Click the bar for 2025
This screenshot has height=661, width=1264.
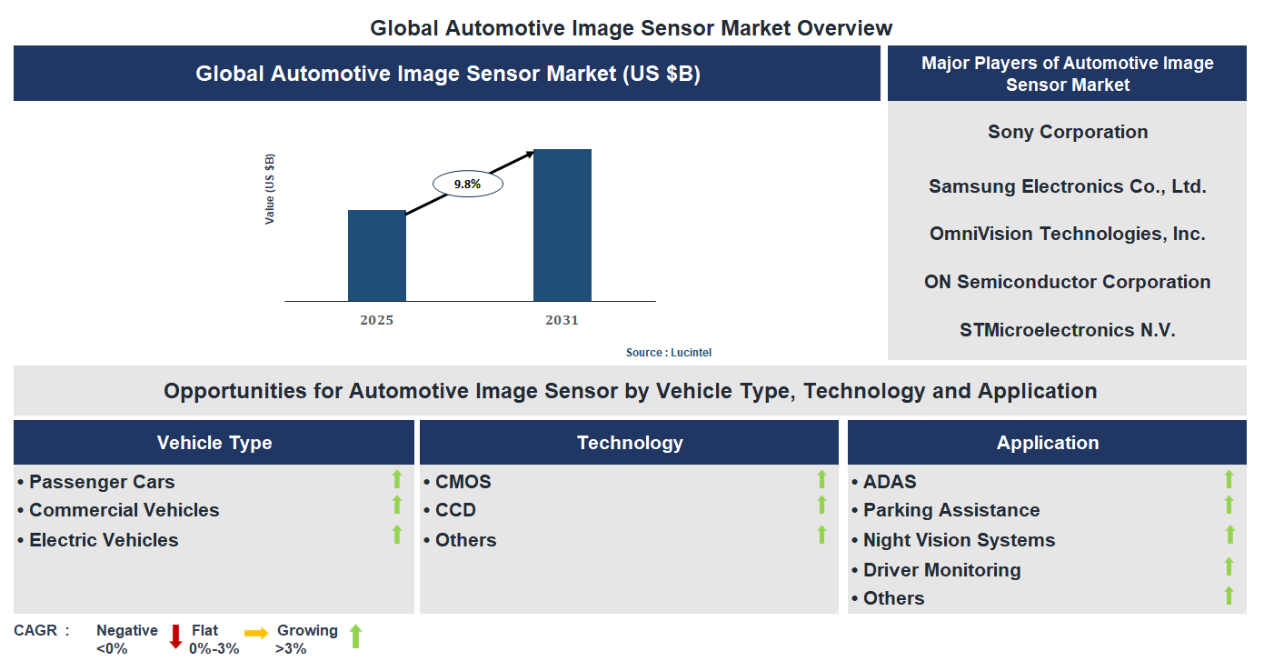tap(377, 255)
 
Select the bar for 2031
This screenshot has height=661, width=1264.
tap(562, 225)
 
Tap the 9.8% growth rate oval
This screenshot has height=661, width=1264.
tap(467, 184)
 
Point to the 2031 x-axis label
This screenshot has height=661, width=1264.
tap(562, 320)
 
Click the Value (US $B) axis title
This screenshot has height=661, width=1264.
tap(270, 189)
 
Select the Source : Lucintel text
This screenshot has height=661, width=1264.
tap(675, 353)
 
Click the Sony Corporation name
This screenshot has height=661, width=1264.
tap(1068, 132)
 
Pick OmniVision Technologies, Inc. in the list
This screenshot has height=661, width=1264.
tap(1068, 234)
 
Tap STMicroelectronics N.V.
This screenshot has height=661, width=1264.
tap(1068, 330)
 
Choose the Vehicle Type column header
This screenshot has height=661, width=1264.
tap(214, 443)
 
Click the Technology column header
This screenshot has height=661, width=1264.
tap(630, 443)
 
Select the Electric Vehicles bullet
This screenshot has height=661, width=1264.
tap(104, 540)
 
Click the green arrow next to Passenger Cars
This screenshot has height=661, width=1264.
tap(396, 479)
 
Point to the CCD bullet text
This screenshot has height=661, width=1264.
tap(455, 510)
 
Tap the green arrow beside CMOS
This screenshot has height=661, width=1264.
tap(821, 479)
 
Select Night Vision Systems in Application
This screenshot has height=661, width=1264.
tap(959, 540)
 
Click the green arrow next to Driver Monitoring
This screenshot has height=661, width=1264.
tap(1229, 566)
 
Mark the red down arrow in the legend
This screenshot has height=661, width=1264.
tap(175, 636)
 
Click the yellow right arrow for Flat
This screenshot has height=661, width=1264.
tap(256, 633)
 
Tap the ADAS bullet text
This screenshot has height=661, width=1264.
tap(890, 482)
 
